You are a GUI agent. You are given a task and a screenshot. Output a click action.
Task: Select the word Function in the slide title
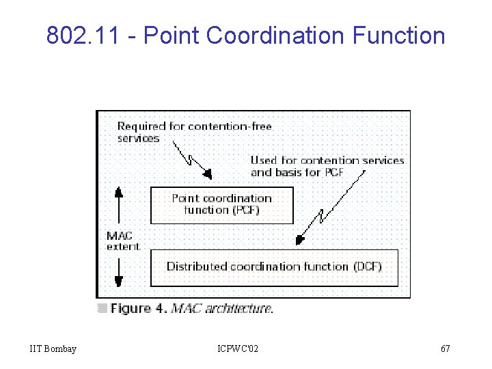click(x=399, y=35)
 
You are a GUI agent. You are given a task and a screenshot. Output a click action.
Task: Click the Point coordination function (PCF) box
click(x=221, y=205)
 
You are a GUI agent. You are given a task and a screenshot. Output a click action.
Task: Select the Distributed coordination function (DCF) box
click(x=274, y=266)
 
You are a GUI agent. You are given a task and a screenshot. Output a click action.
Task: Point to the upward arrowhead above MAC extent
click(x=118, y=193)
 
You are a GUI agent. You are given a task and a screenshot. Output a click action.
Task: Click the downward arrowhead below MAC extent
click(x=118, y=280)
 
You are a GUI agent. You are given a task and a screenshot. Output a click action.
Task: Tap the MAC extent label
click(x=123, y=241)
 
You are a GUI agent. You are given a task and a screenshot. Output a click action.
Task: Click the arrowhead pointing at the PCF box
click(x=208, y=173)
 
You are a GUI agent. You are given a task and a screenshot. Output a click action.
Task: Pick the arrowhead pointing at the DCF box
click(x=298, y=240)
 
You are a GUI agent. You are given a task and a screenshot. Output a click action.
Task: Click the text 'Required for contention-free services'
click(x=194, y=132)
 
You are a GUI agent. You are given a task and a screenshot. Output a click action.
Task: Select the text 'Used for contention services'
click(x=327, y=161)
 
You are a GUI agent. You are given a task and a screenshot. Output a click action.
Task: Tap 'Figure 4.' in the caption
click(x=139, y=309)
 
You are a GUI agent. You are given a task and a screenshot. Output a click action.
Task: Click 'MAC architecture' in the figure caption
click(x=221, y=309)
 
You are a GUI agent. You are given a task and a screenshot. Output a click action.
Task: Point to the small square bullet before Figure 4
click(x=102, y=308)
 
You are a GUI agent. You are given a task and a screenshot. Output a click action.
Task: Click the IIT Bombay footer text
click(x=53, y=349)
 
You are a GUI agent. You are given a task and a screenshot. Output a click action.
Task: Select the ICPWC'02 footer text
click(x=238, y=349)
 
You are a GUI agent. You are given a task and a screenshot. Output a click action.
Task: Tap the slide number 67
click(x=446, y=349)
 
